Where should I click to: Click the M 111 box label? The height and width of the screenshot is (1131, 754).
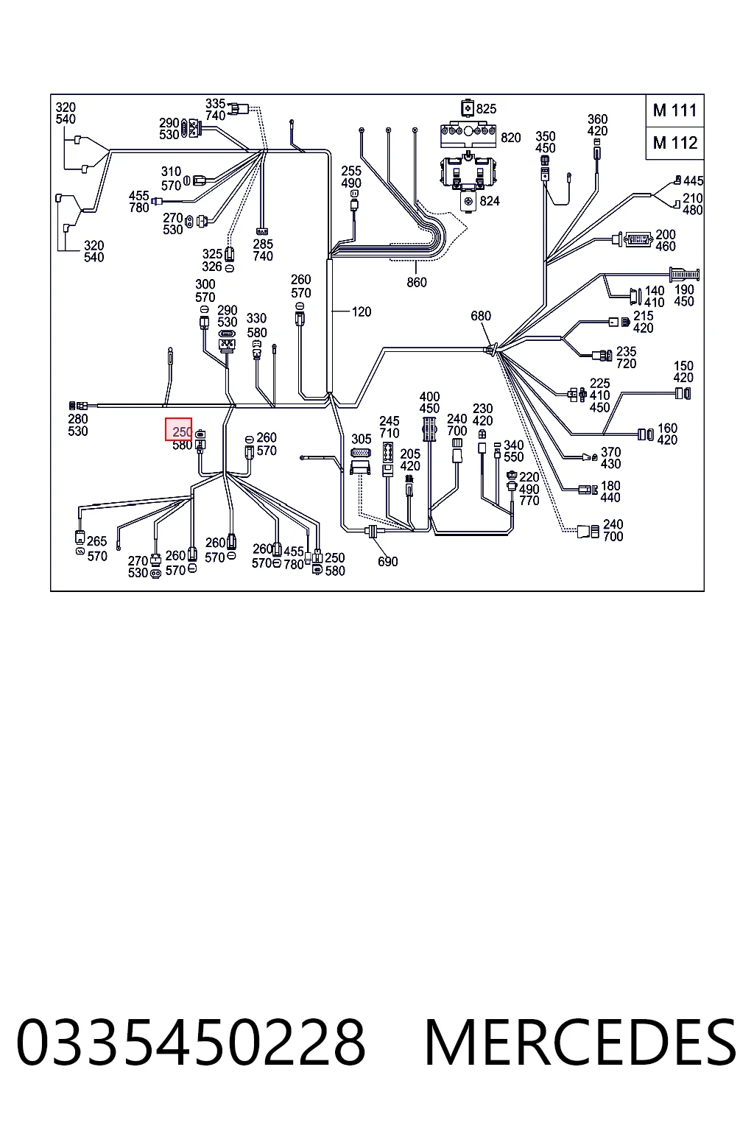click(674, 110)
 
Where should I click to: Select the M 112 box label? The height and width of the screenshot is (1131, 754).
click(674, 143)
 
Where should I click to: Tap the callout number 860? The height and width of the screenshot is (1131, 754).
click(417, 282)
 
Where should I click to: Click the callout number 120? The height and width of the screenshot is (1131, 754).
click(362, 312)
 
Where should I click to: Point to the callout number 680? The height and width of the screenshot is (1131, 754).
click(481, 316)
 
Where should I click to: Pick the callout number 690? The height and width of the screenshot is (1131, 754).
click(388, 562)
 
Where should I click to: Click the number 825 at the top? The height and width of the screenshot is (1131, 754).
click(486, 108)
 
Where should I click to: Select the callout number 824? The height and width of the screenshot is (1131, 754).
click(490, 201)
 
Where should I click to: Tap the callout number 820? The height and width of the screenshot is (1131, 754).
click(510, 138)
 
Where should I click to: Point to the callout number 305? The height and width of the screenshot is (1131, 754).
click(362, 440)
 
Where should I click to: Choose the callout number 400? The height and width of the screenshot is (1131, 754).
click(430, 397)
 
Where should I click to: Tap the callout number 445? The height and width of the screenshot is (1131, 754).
click(694, 180)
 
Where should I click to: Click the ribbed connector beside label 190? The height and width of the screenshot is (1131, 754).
click(684, 275)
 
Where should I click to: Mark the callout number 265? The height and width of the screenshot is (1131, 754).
click(97, 541)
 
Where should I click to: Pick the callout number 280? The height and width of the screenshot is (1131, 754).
click(78, 419)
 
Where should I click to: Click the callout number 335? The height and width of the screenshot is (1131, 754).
click(215, 104)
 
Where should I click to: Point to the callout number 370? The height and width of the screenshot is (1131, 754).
click(610, 452)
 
